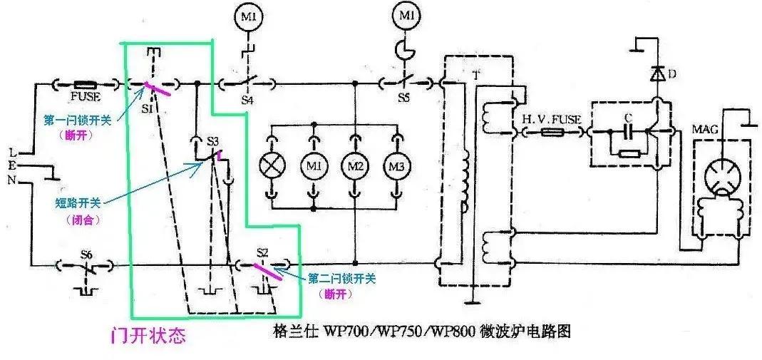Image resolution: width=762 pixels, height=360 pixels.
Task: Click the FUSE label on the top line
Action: (x=85, y=96)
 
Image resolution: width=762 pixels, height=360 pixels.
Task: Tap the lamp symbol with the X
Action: (x=272, y=165)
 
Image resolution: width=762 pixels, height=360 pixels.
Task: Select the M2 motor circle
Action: (x=355, y=165)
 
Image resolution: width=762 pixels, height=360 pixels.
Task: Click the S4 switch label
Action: (x=247, y=99)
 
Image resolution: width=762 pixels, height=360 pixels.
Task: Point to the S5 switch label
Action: (x=403, y=98)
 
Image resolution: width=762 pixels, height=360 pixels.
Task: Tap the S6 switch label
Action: (x=86, y=254)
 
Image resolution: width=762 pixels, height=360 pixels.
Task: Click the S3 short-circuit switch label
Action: (x=213, y=140)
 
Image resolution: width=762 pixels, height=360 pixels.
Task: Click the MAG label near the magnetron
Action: (x=703, y=131)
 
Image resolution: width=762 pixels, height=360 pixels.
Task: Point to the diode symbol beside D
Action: (x=655, y=73)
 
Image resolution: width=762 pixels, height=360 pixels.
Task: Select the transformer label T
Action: (x=475, y=75)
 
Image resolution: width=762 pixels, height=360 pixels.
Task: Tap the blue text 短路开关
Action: (x=76, y=202)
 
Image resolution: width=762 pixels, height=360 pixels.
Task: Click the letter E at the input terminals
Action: (x=14, y=166)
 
